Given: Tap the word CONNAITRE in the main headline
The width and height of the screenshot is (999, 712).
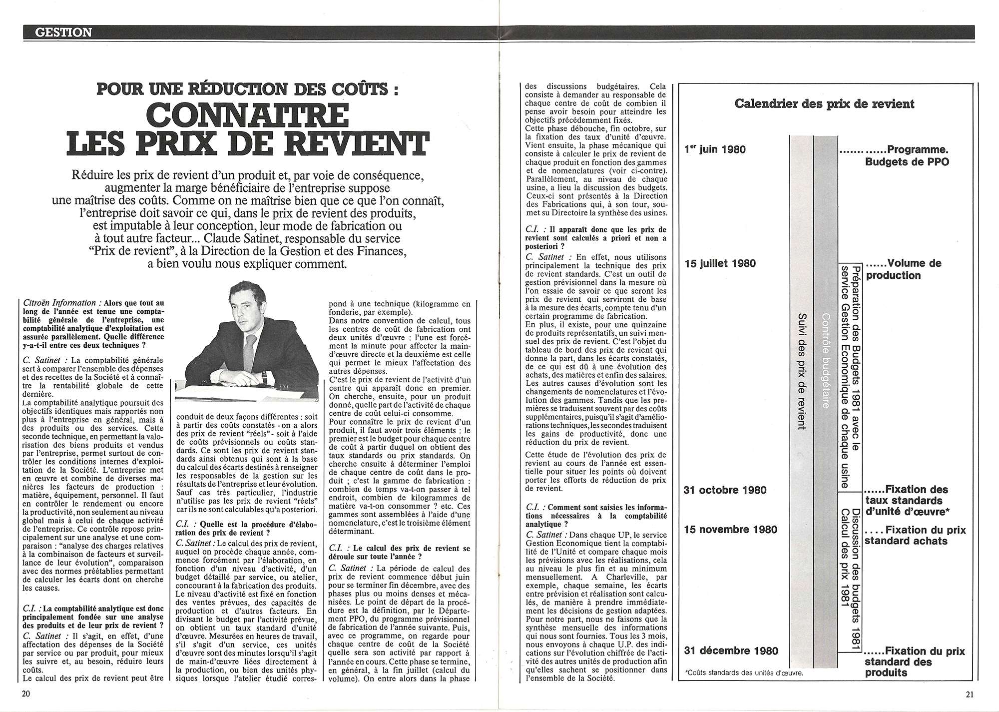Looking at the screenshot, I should pos(248,115).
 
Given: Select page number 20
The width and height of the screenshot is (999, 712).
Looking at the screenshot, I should pos(26,694).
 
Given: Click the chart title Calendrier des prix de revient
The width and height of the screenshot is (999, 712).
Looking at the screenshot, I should pos(824,104).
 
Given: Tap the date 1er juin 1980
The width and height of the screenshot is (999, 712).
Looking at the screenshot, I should pos(715,149).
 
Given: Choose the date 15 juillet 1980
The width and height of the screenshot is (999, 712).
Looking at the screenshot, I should pos(720,263).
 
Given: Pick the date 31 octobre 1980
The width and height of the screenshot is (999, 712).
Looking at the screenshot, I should pos(725,490).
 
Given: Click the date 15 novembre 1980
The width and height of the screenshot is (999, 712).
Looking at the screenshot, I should pos(730,529).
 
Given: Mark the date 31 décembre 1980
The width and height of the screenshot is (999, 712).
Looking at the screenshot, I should pos(731,651).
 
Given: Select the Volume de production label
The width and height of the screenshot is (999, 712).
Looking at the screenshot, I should pos(903,269).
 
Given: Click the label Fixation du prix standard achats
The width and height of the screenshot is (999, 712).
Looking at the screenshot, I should pos(915,535).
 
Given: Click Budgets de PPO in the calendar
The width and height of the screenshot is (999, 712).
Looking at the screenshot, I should pos(907,162).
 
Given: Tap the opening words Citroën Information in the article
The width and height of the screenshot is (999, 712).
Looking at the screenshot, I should pos(59,303).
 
